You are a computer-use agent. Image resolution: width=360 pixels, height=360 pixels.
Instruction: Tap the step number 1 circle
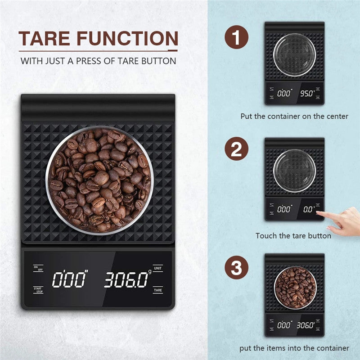(237, 37)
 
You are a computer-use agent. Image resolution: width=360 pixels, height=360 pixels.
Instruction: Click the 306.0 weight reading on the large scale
(126, 280)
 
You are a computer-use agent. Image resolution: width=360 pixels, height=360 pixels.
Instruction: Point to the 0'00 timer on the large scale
(70, 280)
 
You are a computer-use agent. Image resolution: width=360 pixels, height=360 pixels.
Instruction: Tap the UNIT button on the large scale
(158, 269)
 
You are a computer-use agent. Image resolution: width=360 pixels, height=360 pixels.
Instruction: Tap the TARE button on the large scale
(158, 290)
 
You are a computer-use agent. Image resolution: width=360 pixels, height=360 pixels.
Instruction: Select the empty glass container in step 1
(295, 56)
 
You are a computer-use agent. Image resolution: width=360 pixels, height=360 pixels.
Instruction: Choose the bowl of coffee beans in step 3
(295, 288)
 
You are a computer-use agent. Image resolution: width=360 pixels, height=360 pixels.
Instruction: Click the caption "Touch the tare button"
(293, 235)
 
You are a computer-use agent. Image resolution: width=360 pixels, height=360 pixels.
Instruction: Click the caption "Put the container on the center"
(294, 116)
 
